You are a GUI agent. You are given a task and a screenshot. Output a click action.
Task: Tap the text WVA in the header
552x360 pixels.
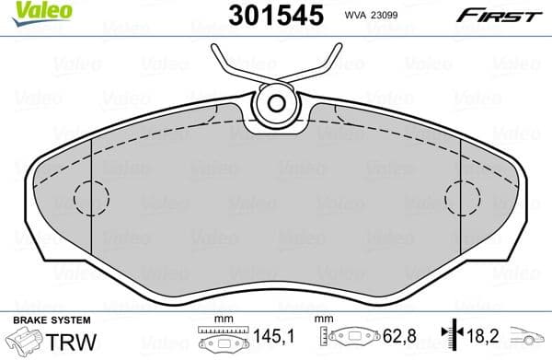[382, 16]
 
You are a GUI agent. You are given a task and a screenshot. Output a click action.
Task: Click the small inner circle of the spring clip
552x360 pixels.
[275, 101]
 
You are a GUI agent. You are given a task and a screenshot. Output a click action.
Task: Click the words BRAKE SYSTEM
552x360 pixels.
[52, 319]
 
